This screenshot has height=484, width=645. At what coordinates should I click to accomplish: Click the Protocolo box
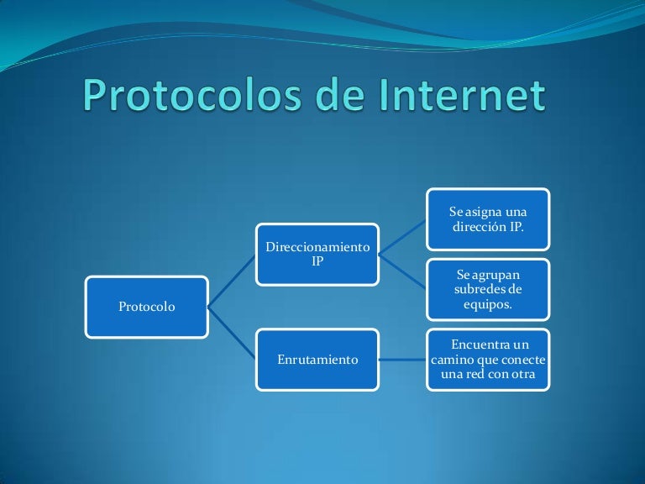tap(147, 307)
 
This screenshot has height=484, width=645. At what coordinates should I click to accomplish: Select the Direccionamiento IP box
tap(317, 253)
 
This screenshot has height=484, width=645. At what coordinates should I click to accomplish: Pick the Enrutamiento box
tap(317, 360)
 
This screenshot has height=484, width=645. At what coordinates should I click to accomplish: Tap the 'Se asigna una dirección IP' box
tap(488, 218)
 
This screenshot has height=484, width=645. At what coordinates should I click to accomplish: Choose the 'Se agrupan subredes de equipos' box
tap(488, 289)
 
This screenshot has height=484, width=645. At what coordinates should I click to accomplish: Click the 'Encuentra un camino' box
tap(488, 360)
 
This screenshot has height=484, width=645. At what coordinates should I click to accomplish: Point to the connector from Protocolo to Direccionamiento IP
tap(233, 280)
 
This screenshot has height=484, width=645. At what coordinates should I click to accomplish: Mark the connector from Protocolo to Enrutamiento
tap(233, 334)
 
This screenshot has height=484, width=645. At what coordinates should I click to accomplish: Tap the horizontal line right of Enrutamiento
tap(403, 360)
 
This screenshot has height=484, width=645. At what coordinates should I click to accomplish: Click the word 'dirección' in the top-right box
tap(480, 226)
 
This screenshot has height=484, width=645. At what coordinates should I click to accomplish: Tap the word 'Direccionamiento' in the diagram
tap(317, 247)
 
